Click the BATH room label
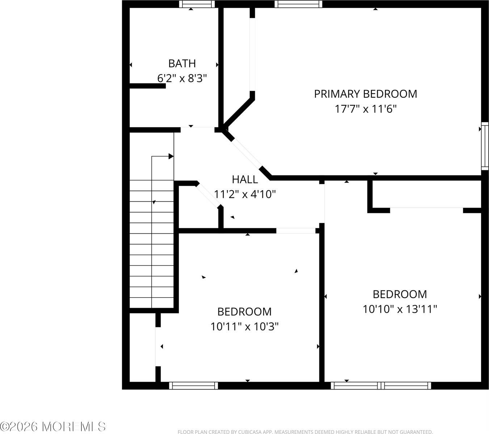click(x=182, y=63)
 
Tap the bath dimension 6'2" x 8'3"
click(x=182, y=78)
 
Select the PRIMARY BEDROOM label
click(x=365, y=94)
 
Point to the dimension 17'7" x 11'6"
click(x=365, y=109)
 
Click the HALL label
click(x=245, y=179)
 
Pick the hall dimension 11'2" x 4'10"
click(x=245, y=195)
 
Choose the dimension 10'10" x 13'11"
click(x=400, y=309)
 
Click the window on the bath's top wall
click(x=197, y=4)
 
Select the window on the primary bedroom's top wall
click(x=298, y=4)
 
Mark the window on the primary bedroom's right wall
click(x=485, y=146)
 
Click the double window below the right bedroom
click(x=381, y=386)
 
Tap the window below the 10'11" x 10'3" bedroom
click(x=194, y=386)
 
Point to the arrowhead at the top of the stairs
click(x=171, y=156)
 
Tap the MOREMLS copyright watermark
click(x=53, y=426)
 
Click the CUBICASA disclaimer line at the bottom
click(x=305, y=431)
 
